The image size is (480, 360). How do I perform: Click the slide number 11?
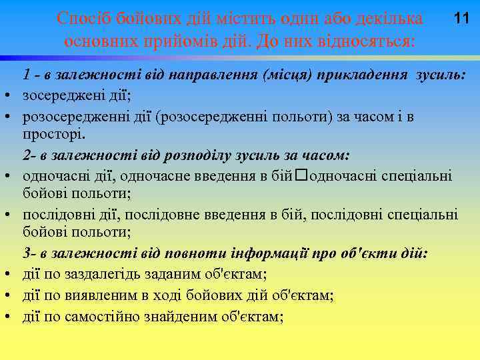pyautogui.click(x=461, y=19)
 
